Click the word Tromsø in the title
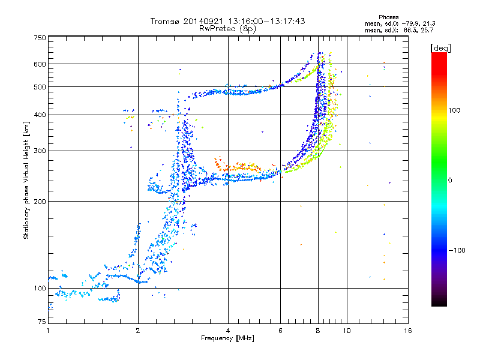(x=164, y=21)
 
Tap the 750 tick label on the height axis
(x=39, y=38)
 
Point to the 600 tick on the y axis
(x=39, y=64)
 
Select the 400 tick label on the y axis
(x=39, y=115)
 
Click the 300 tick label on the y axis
(x=39, y=151)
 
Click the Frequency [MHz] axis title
(x=228, y=339)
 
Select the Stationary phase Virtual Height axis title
(x=26, y=180)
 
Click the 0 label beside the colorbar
(x=451, y=180)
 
